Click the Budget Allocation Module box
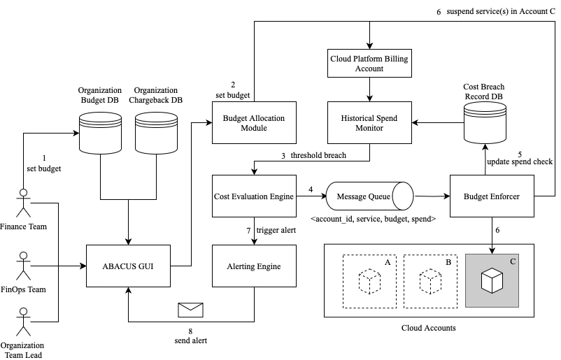253,123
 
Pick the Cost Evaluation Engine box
253,197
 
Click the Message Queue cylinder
369,197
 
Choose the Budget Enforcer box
492,197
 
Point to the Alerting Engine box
253,266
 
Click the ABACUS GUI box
128,266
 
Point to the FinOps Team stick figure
24,266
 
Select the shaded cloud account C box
492,280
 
